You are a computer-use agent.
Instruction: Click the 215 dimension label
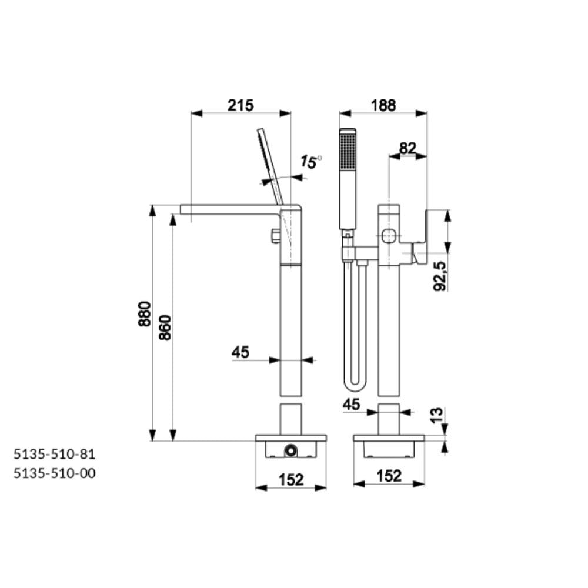(x=240, y=105)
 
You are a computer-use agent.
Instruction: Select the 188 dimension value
(x=383, y=105)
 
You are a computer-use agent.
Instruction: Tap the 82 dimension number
(x=407, y=149)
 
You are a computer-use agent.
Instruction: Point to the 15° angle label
(x=311, y=162)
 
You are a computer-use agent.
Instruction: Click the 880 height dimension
(x=145, y=313)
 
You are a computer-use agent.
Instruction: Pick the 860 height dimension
(x=165, y=328)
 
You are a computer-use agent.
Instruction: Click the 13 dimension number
(x=436, y=416)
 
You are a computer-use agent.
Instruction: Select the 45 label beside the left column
(x=240, y=352)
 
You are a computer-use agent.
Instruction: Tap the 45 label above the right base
(x=352, y=405)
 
